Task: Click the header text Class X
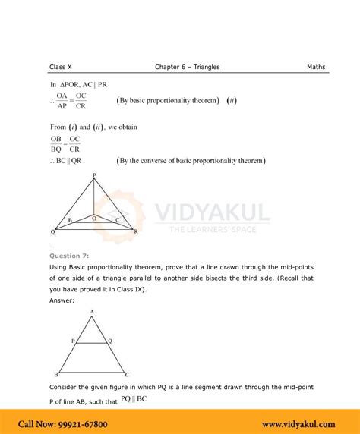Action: coord(62,67)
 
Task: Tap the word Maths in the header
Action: coord(317,67)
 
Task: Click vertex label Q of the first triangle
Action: coord(52,231)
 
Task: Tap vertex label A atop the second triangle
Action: coord(91,312)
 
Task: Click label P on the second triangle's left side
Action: coord(73,341)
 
